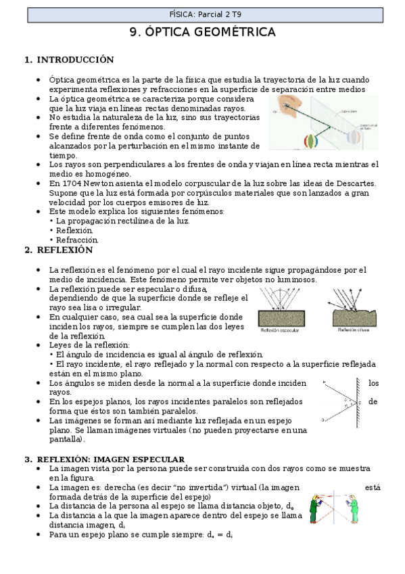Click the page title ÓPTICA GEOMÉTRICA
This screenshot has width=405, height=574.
point(202,32)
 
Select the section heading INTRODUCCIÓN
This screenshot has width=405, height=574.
point(74,60)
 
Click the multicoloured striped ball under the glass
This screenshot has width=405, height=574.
point(310,143)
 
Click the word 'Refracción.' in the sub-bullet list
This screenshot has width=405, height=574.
point(78,239)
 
